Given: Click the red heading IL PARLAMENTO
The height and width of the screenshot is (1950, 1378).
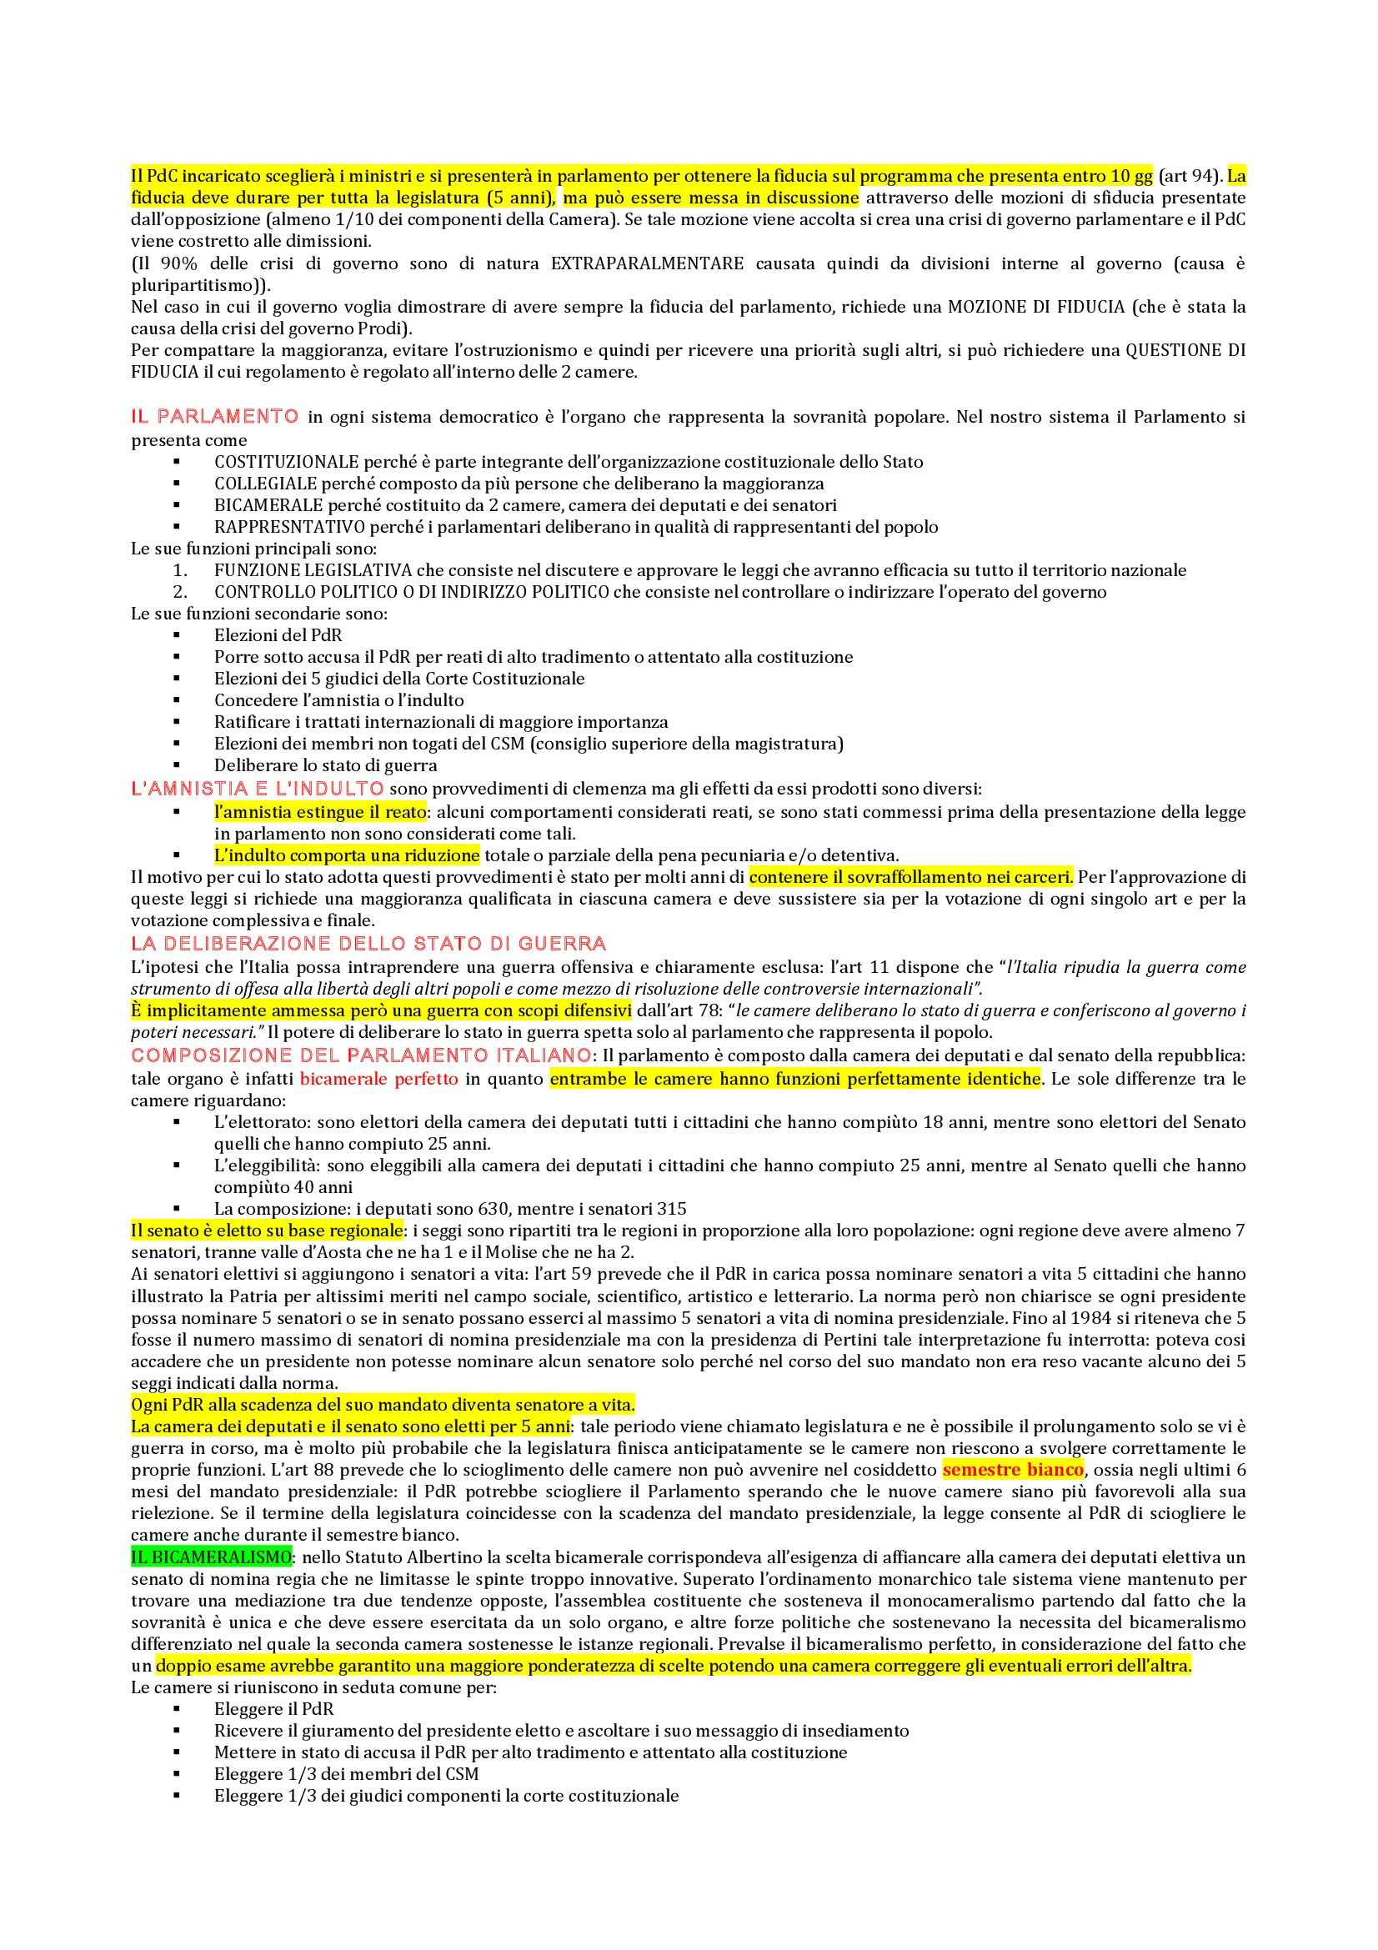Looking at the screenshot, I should [214, 416].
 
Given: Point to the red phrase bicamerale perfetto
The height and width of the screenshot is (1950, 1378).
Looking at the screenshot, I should [379, 1079].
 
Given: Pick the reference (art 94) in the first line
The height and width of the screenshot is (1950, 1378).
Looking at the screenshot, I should [1188, 176].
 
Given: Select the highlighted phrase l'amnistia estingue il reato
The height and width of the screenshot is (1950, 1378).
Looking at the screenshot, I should [320, 812].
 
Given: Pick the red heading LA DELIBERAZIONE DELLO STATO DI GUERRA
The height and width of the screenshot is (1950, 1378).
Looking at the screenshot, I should [368, 944].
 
